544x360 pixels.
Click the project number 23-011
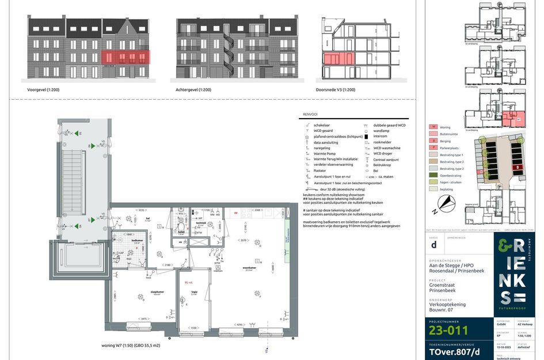[448, 330]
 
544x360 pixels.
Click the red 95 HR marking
[188, 283]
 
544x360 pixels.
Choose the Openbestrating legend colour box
[433, 176]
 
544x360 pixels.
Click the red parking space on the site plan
[518, 168]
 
